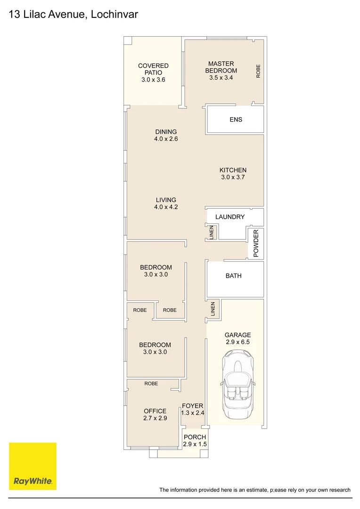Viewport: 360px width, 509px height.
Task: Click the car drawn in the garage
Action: click(x=237, y=385)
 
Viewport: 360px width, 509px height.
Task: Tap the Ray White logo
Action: click(x=33, y=466)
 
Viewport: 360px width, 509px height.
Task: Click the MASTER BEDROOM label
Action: click(x=221, y=67)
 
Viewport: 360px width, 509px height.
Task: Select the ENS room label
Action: click(x=236, y=119)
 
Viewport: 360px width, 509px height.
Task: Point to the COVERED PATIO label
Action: click(x=153, y=69)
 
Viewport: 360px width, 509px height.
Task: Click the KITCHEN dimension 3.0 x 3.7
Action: click(x=233, y=177)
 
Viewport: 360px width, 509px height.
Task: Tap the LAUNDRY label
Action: click(x=230, y=217)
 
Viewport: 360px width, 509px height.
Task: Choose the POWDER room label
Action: click(x=256, y=243)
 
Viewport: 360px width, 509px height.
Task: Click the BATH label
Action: click(x=233, y=276)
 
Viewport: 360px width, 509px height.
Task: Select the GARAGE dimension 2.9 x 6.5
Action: click(x=237, y=342)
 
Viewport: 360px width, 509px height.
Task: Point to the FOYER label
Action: click(x=193, y=406)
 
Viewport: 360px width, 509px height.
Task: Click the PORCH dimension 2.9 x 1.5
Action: click(x=195, y=444)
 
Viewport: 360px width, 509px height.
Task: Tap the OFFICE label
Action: click(x=155, y=411)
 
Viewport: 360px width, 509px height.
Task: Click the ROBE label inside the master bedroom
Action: click(x=258, y=71)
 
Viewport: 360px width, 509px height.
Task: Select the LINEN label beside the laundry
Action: click(x=212, y=232)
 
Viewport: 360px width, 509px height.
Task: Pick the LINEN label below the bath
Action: click(x=213, y=309)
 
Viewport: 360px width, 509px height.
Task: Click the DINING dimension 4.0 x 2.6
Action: click(x=166, y=139)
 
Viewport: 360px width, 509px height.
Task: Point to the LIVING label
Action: click(x=166, y=200)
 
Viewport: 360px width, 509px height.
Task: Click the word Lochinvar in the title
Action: click(x=114, y=14)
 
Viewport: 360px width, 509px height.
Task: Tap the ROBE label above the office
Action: click(x=151, y=384)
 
